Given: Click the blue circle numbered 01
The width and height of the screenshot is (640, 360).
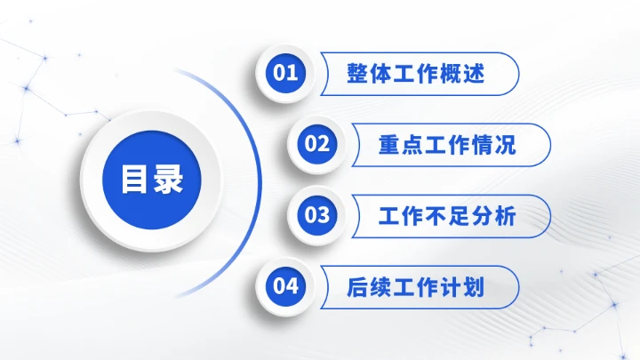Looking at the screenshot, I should tap(285, 73).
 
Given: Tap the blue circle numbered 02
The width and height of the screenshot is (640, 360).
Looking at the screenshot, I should tap(317, 144).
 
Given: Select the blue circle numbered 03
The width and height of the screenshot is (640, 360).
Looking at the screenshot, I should tap(317, 215).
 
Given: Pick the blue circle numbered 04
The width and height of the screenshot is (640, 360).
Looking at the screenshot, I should tap(285, 286).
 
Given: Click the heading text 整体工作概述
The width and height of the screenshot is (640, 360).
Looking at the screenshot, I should tap(416, 74).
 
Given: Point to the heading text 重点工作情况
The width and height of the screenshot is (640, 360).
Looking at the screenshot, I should tap(447, 145).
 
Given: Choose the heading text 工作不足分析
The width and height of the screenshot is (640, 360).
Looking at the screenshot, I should tap(447, 216).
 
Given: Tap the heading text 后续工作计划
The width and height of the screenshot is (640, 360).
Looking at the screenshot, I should tap(416, 287).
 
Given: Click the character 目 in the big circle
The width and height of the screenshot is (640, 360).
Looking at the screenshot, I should tap(135, 180).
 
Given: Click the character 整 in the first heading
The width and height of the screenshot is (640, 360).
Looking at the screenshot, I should tap(358, 74).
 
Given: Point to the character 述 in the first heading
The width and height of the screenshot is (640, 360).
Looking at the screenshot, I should tap(474, 74).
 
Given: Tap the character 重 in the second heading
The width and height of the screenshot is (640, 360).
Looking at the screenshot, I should tap(389, 145).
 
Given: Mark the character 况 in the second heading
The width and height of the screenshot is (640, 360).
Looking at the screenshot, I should tap(505, 145).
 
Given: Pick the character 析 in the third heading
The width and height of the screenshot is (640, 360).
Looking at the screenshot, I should tap(505, 216).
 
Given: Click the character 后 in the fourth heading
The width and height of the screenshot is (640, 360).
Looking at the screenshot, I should tap(358, 287).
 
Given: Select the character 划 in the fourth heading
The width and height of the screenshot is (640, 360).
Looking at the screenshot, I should tap(474, 287).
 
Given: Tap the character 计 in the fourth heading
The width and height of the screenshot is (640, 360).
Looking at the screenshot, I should tap(451, 287).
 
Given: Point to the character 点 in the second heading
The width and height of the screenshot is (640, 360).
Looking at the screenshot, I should tap(412, 145).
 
